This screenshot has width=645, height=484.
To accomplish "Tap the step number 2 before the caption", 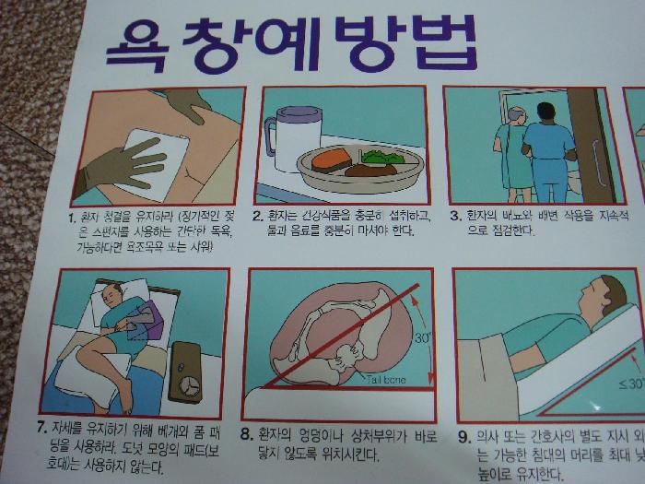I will [260, 215].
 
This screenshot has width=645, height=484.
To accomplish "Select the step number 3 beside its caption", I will [453, 215].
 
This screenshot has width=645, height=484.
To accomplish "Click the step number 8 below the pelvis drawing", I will [246, 433].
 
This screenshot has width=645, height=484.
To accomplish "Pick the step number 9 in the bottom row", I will [463, 436].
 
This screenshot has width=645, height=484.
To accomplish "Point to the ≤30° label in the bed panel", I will [630, 384].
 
